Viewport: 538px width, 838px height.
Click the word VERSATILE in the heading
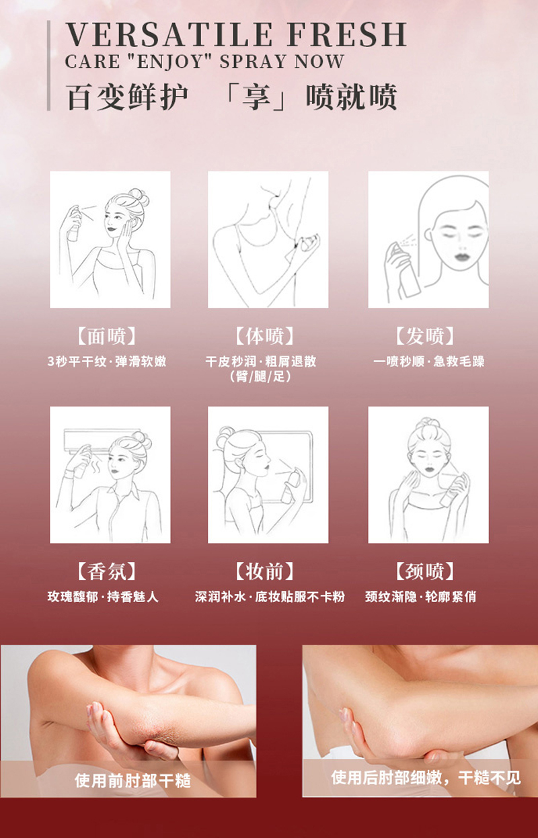(x=169, y=34)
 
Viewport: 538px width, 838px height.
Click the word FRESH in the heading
(x=347, y=34)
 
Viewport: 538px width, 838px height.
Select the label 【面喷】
(x=106, y=336)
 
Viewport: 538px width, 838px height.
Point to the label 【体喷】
(x=264, y=336)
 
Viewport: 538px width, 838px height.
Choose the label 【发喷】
(x=425, y=336)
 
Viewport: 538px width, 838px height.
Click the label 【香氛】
(x=106, y=571)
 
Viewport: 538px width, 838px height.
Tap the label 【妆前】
(x=264, y=571)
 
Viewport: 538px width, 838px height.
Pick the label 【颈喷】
(x=425, y=571)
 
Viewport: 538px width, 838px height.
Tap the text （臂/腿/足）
(x=260, y=376)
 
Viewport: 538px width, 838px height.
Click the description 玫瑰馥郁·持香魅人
(x=103, y=596)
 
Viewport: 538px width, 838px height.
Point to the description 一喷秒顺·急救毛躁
(x=429, y=362)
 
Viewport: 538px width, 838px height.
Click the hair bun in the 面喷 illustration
(x=139, y=196)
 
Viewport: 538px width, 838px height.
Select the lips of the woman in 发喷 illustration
(x=462, y=257)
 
